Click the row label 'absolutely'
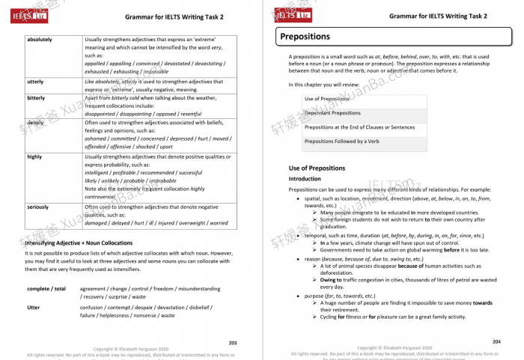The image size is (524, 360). tap(41, 39)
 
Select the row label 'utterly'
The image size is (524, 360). tap(34, 82)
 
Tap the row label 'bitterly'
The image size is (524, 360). tap(36, 98)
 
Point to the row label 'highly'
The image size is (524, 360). tap(34, 157)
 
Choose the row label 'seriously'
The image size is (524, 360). tap(38, 207)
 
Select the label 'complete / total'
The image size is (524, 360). tap(46, 288)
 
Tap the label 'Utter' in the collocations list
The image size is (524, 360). tap(34, 307)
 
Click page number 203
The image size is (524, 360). tap(232, 342)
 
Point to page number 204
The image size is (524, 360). tap(496, 342)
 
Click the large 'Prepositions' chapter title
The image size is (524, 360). tap(305, 37)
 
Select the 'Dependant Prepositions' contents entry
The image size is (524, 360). tap(332, 113)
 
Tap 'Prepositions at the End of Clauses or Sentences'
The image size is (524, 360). tap(360, 127)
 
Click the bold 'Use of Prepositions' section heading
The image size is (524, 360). tap(318, 168)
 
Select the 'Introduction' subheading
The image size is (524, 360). tap(305, 180)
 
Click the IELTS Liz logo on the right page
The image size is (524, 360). tap(293, 13)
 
